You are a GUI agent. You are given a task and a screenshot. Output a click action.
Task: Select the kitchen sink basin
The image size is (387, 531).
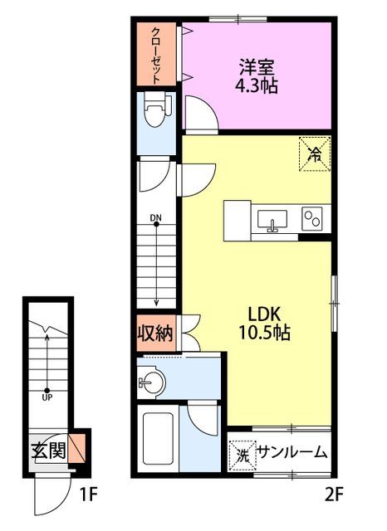click(272, 220)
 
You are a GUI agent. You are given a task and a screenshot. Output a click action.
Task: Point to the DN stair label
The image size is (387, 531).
click(155, 218)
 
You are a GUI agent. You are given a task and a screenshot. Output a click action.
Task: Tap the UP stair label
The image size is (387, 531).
click(47, 397)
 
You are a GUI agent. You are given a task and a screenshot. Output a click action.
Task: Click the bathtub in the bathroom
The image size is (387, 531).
click(157, 439)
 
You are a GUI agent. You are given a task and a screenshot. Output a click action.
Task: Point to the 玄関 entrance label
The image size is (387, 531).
click(48, 451)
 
